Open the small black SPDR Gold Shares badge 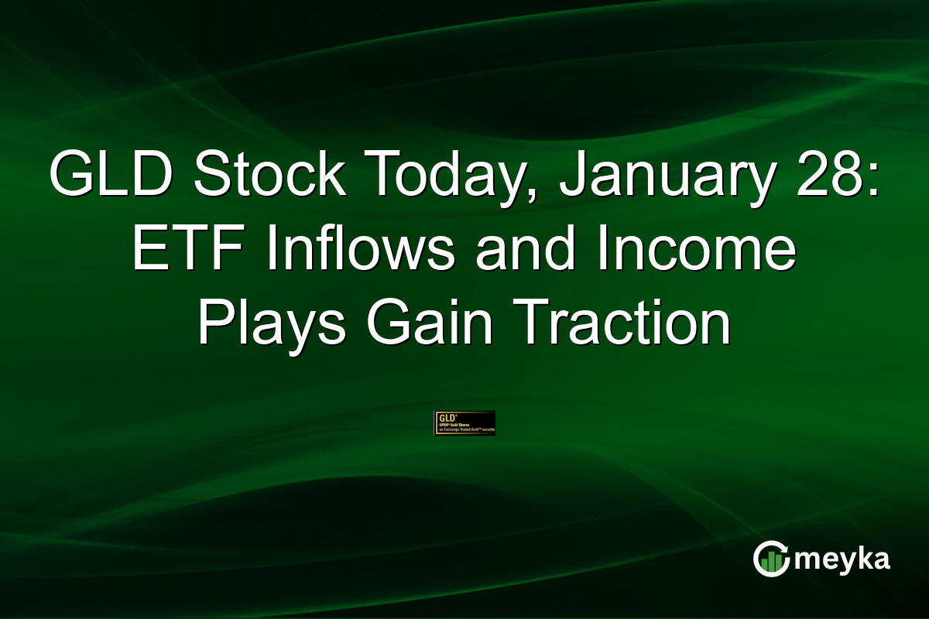click(464, 423)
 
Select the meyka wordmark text click(840, 559)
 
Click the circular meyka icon click(771, 559)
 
